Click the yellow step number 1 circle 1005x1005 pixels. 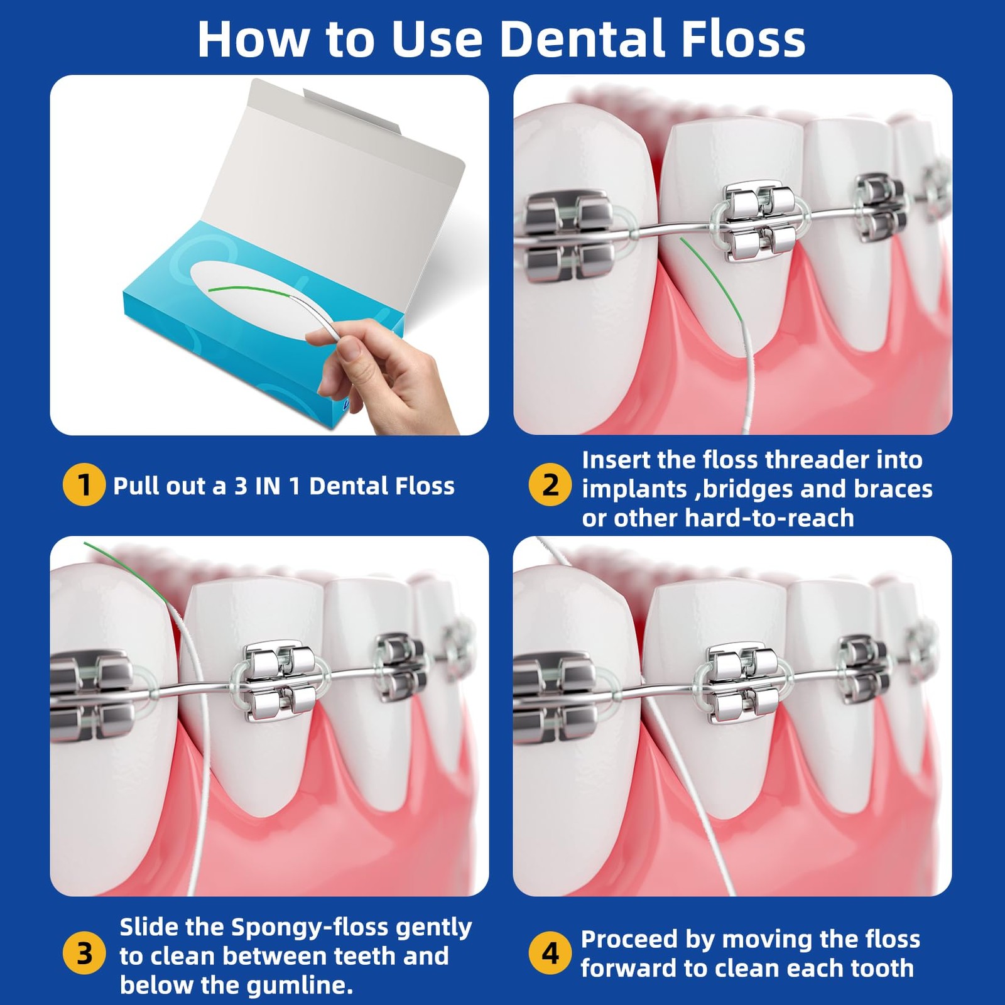[x=84, y=485]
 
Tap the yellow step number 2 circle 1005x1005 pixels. [x=550, y=485]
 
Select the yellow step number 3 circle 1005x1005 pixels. [x=84, y=953]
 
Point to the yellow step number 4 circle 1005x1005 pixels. [x=550, y=953]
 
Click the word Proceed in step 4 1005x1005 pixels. [x=629, y=939]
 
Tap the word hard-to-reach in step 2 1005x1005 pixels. [x=769, y=518]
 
